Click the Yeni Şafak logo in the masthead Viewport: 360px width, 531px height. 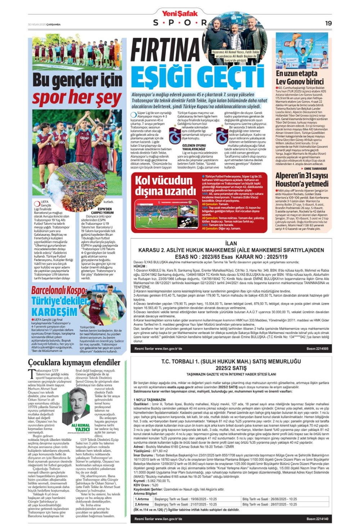pos(180,14)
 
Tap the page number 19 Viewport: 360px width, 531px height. pos(328,23)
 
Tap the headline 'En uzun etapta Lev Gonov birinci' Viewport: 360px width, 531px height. pos(300,78)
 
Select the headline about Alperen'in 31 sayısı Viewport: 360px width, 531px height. pos(302,180)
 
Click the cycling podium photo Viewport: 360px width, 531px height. pos(302,51)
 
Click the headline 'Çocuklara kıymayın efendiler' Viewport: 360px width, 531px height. pos(74,362)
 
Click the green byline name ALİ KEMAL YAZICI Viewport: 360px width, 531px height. pos(81,427)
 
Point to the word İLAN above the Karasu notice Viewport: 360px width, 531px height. pos(231,243)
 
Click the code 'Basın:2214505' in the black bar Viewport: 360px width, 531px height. pos(317,349)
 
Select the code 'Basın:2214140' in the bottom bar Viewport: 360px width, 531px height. pos(317,519)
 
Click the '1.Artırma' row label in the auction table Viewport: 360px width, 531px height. pos(142,499)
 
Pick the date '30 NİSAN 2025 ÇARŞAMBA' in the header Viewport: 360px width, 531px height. pos(44,24)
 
